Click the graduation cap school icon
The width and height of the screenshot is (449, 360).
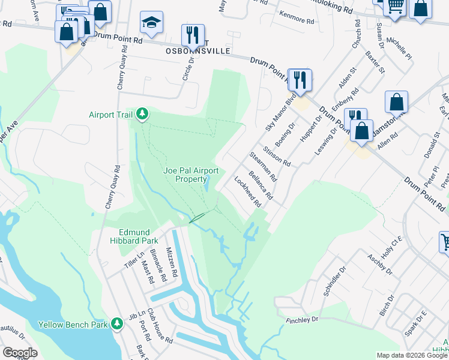[x=151, y=23]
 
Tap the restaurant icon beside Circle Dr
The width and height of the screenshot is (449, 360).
[x=193, y=35]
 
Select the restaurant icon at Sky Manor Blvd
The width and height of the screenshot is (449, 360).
[x=300, y=80]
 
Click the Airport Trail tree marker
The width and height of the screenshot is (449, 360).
[x=142, y=114]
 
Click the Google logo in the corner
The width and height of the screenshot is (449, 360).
[x=20, y=352]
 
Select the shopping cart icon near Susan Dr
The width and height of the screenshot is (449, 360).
[x=394, y=8]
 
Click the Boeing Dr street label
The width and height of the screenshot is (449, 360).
[x=288, y=136]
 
